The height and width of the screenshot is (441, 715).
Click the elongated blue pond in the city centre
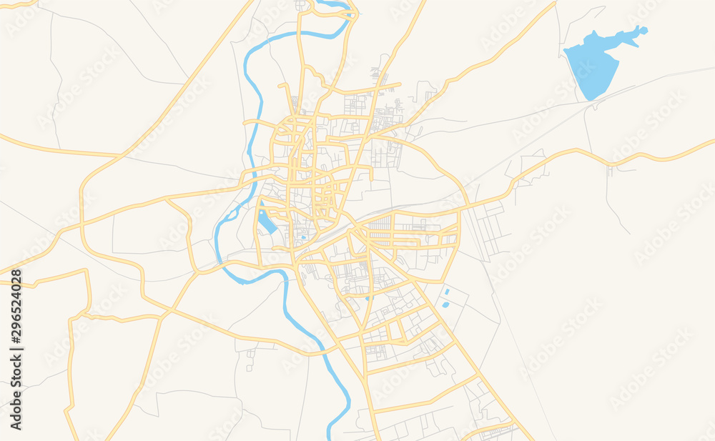(x=266, y=221)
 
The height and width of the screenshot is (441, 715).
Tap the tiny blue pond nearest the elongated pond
(x=303, y=237)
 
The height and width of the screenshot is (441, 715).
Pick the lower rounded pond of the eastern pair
(x=445, y=304)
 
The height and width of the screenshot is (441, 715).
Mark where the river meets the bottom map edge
(x=331, y=437)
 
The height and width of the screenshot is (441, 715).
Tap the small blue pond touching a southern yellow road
(x=369, y=297)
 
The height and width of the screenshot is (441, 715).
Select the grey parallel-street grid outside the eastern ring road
(x=491, y=229)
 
